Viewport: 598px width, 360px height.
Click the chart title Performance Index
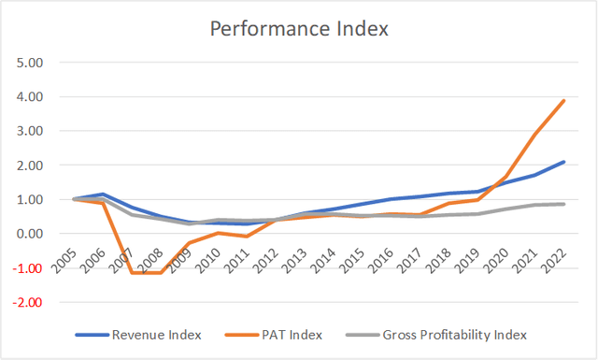pyautogui.click(x=299, y=28)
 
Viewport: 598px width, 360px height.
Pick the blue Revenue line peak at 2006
pyautogui.click(x=102, y=194)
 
